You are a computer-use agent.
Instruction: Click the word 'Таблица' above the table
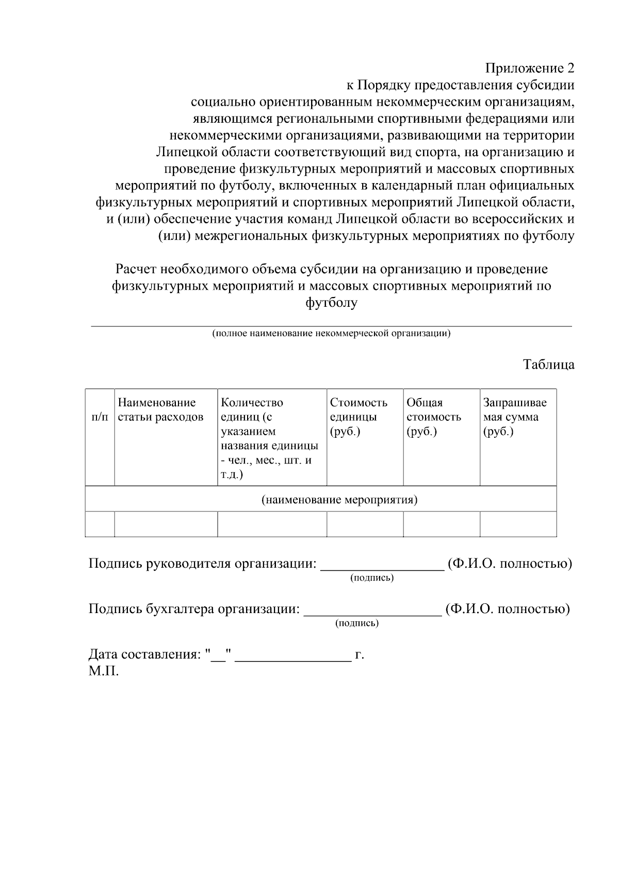tap(548, 365)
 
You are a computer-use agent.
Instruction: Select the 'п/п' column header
tap(100, 417)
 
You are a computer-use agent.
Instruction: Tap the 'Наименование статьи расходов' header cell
tap(160, 410)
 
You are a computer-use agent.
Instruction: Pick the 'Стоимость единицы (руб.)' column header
tap(359, 417)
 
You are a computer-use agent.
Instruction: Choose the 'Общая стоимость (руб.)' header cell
tap(434, 417)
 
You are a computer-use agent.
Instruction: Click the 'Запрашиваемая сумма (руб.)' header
tap(515, 417)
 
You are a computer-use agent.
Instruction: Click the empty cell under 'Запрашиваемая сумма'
tap(518, 524)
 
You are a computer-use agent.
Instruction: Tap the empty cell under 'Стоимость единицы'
tap(365, 524)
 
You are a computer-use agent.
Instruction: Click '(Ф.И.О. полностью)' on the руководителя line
tap(510, 563)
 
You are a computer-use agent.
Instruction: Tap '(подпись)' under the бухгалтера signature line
tap(357, 623)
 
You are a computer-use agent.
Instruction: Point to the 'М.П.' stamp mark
tap(104, 671)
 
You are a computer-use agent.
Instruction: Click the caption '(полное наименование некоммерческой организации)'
tap(331, 333)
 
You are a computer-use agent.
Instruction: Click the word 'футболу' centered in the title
tap(331, 303)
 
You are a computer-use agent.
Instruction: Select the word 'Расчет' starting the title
tap(136, 269)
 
